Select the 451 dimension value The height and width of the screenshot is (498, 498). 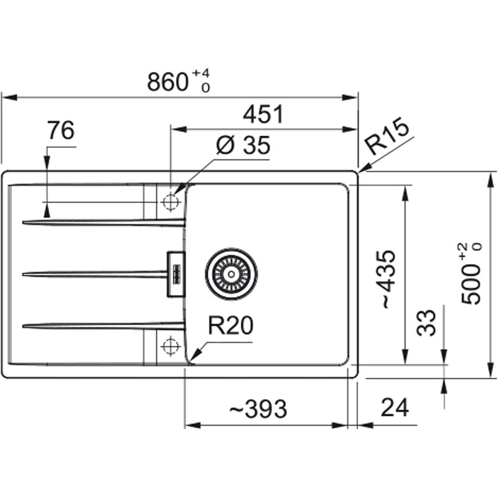(x=262, y=115)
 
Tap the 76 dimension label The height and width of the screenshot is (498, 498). (x=60, y=130)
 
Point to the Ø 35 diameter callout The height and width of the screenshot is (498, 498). (x=243, y=146)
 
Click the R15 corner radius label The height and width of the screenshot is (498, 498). (x=387, y=136)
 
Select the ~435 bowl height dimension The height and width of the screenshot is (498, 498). (x=388, y=280)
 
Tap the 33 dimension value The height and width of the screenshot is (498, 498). (x=426, y=322)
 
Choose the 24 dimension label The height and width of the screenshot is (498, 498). (x=395, y=408)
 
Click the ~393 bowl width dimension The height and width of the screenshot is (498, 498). (x=258, y=409)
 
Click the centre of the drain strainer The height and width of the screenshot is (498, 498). (x=231, y=274)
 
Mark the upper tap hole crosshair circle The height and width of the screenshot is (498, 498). (x=171, y=202)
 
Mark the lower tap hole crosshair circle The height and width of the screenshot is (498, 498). (x=171, y=346)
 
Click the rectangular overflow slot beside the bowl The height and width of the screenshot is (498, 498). (x=176, y=274)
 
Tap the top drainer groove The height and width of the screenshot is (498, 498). (x=104, y=223)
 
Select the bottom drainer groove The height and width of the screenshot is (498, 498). (x=104, y=325)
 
